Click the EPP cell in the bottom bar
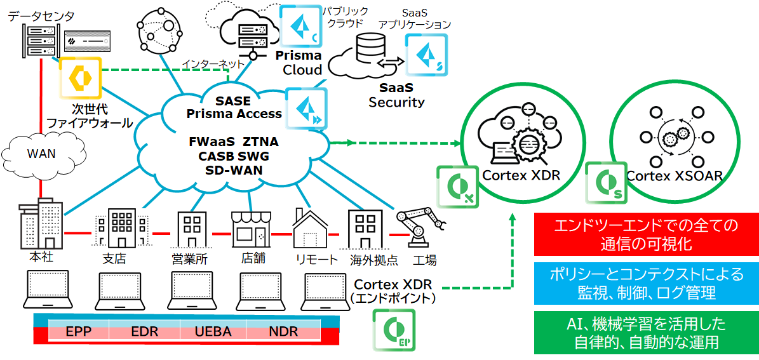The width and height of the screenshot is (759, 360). (79, 331)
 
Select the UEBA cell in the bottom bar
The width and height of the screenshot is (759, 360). (213, 331)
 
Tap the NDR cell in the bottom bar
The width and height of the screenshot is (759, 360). (283, 331)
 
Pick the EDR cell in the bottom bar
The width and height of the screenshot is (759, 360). (144, 331)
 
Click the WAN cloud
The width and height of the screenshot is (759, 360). (41, 154)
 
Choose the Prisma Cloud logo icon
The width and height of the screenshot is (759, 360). (300, 25)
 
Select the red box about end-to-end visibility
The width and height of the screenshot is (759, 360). (646, 234)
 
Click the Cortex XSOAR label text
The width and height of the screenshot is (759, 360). (675, 176)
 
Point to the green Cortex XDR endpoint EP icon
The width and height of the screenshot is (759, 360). (394, 330)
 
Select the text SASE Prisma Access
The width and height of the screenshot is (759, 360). (234, 108)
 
